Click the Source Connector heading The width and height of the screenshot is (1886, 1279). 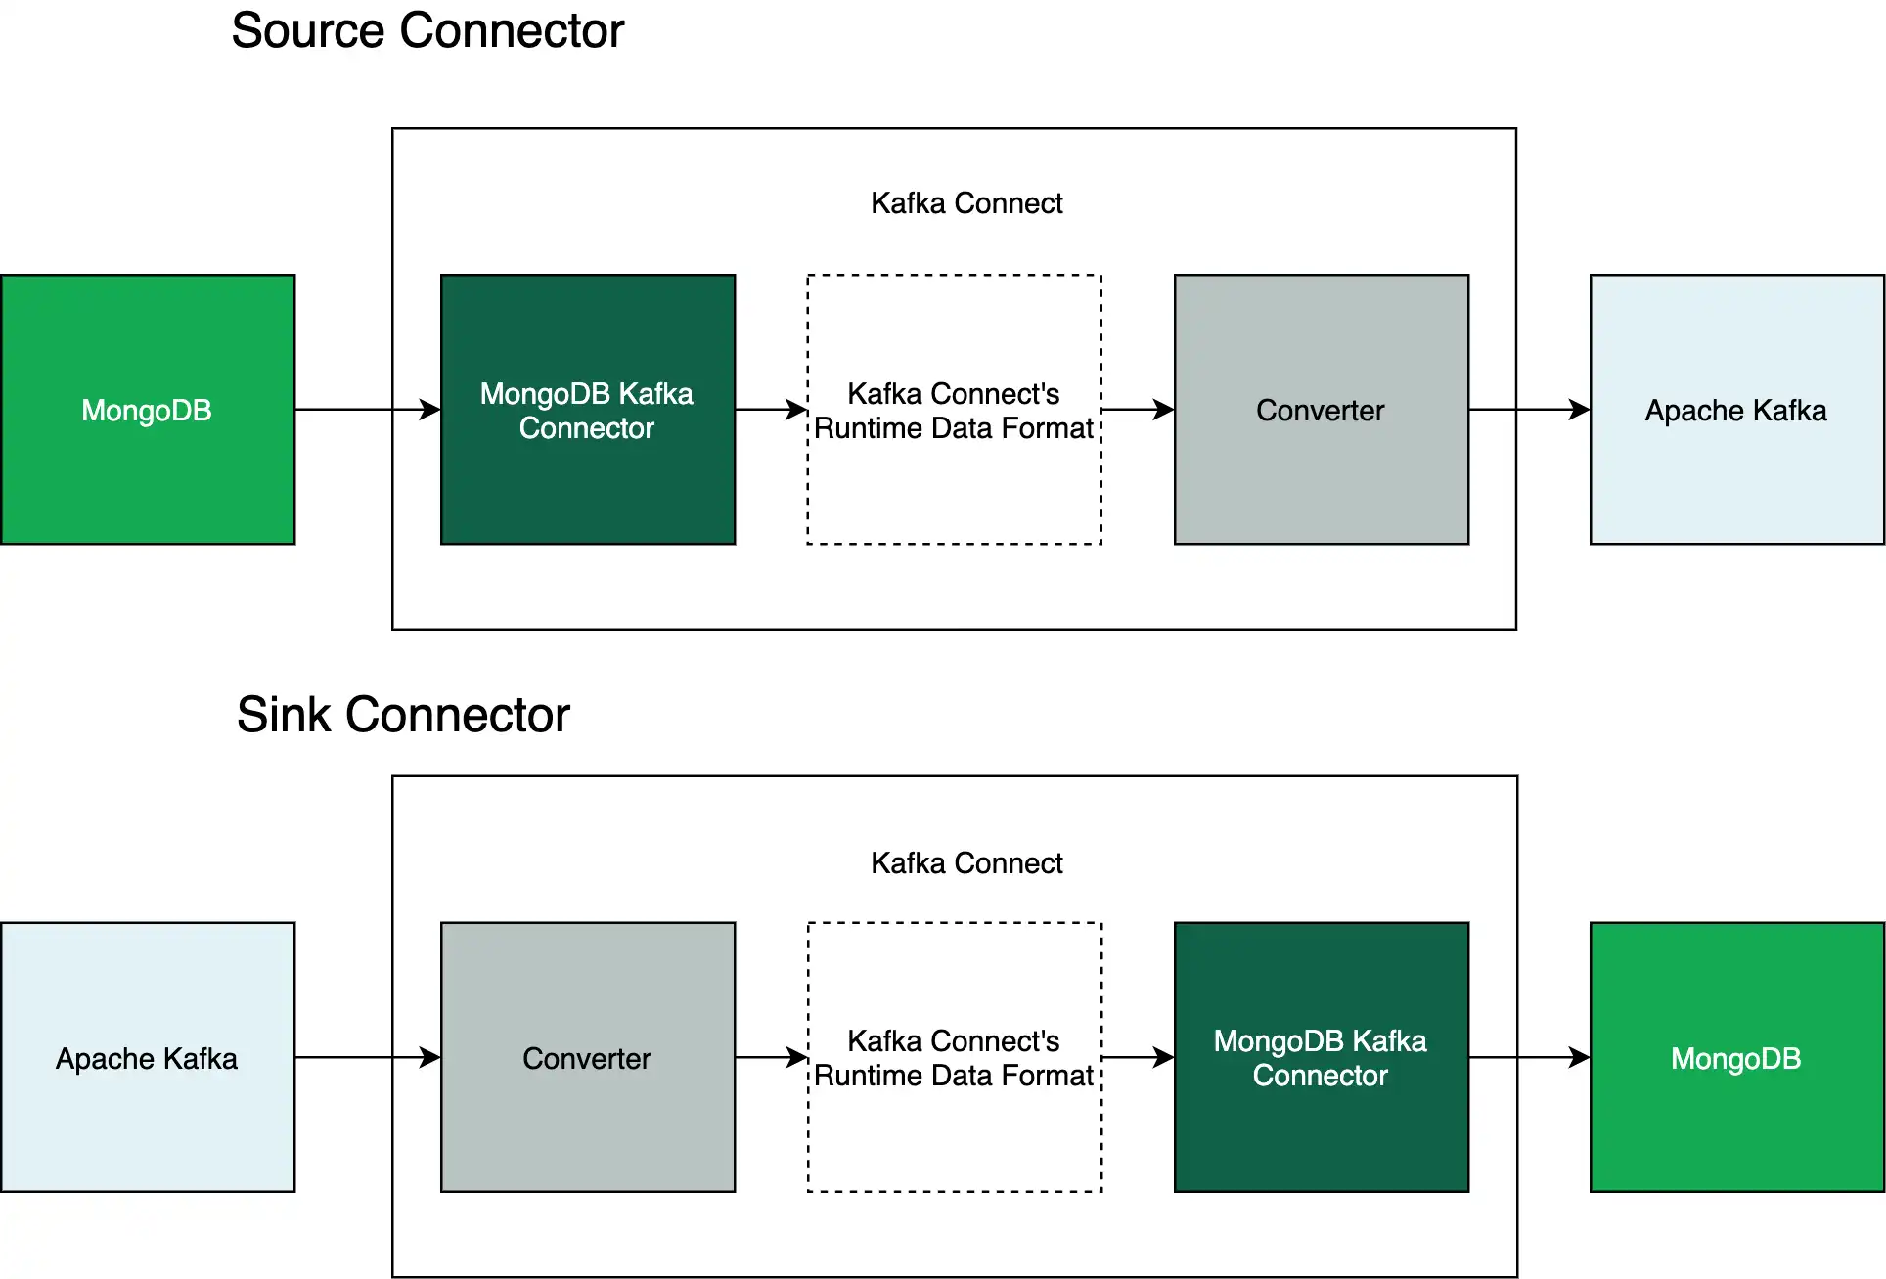point(427,30)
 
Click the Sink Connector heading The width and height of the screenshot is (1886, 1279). point(403,715)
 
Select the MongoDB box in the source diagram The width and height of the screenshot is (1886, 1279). point(148,410)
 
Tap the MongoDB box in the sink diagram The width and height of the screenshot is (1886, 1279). point(1736,1057)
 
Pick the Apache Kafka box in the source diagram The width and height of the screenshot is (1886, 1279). point(1736,410)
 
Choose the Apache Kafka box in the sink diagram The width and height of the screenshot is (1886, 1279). point(148,1057)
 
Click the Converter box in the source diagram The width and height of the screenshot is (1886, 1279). point(1321,410)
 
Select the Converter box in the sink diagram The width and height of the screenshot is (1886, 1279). point(588,1057)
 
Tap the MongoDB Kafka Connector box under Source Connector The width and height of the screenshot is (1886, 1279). point(588,410)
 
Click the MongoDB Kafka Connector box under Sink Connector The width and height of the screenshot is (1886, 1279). point(1321,1057)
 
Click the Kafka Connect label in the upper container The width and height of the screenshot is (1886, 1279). point(966,203)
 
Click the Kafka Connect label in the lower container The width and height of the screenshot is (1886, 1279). point(966,863)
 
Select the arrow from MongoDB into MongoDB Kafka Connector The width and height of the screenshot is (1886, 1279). point(367,409)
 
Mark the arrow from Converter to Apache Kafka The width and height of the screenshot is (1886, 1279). point(1529,409)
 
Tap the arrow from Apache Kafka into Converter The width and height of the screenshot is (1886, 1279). point(367,1057)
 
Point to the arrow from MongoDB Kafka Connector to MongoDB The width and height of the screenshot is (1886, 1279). point(1529,1057)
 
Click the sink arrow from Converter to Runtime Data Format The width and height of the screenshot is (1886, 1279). point(771,1057)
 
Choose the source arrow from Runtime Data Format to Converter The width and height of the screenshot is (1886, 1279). point(1138,409)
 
